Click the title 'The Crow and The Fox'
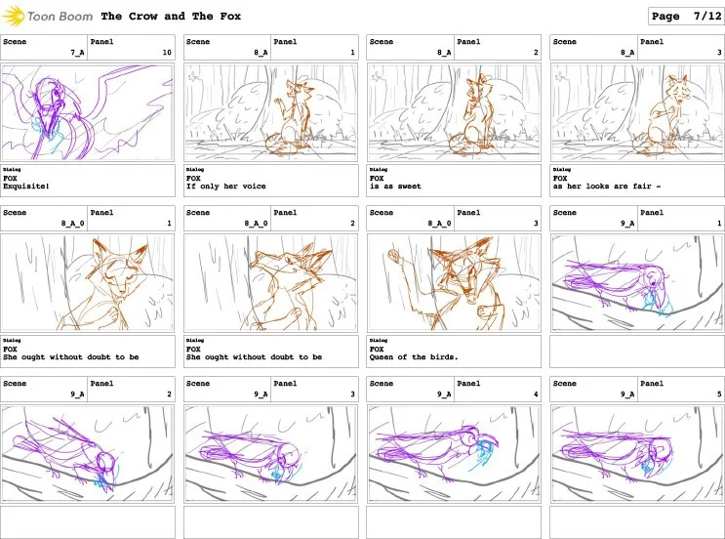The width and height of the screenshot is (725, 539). (x=171, y=17)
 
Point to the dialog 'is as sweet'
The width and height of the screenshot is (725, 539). (x=395, y=186)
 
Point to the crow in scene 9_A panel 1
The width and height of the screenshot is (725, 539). (x=624, y=283)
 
